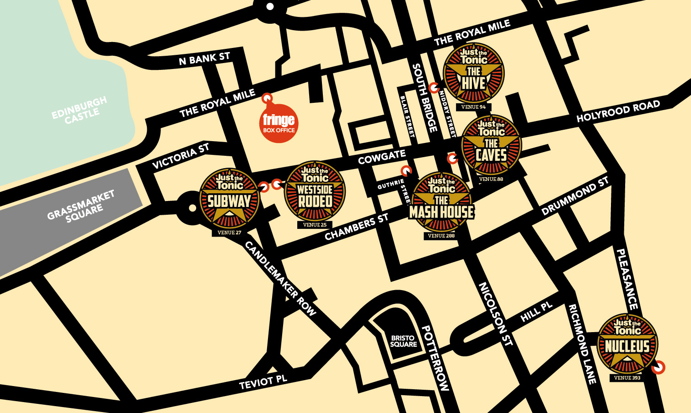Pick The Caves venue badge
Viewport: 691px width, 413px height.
(491, 145)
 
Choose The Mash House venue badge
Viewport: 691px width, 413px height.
(441, 203)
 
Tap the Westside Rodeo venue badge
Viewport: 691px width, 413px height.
(315, 191)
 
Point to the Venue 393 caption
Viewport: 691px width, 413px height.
(627, 378)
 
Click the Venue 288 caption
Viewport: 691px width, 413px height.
(441, 236)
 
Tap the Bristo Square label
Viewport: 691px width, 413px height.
(403, 341)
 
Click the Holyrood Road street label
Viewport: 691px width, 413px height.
(618, 111)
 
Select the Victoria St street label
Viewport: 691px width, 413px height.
(181, 156)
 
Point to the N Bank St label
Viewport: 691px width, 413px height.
(204, 58)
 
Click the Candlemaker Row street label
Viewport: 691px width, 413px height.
(280, 279)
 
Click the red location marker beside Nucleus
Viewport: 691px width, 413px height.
(658, 367)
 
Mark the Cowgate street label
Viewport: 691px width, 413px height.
(381, 157)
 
